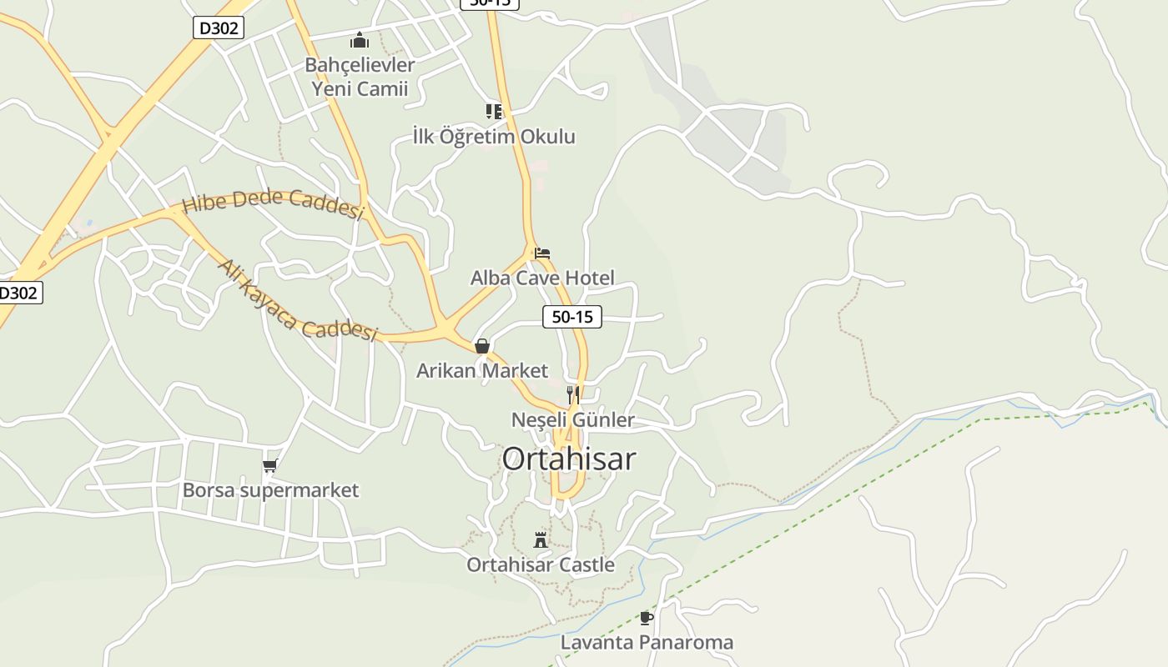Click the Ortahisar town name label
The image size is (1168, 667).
click(569, 459)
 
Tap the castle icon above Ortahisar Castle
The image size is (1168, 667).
click(541, 539)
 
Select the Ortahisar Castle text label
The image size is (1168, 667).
click(541, 564)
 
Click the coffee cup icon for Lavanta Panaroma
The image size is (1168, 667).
click(646, 618)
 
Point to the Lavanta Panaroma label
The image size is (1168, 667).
click(647, 642)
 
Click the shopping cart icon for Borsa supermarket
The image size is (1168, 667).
click(269, 465)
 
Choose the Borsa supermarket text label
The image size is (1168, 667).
click(270, 489)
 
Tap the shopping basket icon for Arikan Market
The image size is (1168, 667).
click(482, 345)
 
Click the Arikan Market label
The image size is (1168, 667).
click(482, 370)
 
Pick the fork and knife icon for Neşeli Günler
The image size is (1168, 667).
click(573, 394)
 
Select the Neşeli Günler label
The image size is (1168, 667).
click(573, 419)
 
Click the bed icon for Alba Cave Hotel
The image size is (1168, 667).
click(542, 253)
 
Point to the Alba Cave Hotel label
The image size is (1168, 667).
click(542, 278)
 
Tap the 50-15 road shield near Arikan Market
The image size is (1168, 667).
click(572, 317)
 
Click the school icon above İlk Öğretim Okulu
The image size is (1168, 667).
click(494, 111)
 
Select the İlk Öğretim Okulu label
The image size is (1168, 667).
click(494, 136)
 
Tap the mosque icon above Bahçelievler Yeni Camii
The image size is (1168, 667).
click(360, 39)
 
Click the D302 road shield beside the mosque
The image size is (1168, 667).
click(219, 28)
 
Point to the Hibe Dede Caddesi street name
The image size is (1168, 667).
click(273, 203)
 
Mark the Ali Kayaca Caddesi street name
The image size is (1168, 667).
click(297, 301)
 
